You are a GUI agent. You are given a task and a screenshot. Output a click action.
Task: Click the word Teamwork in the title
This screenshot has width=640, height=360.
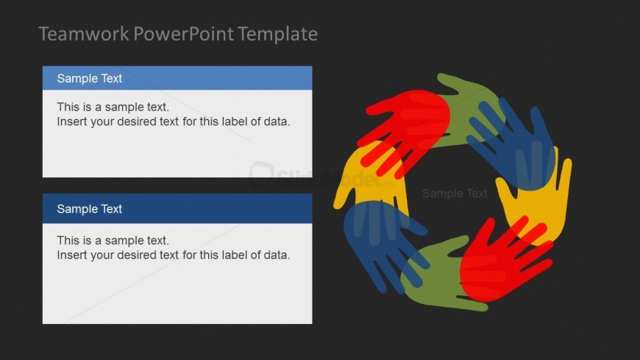(x=84, y=34)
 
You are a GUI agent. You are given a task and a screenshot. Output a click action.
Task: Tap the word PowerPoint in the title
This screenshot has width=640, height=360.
(x=184, y=34)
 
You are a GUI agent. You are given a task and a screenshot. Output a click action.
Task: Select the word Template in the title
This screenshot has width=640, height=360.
(x=277, y=34)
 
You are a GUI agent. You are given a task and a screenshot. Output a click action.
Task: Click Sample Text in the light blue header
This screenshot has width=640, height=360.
(x=90, y=79)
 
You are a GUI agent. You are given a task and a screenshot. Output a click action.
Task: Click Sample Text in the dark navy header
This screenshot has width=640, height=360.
(x=90, y=209)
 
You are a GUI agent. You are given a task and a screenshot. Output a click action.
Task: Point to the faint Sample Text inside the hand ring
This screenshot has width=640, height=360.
(x=455, y=194)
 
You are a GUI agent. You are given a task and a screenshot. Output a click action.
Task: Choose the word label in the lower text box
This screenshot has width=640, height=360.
(x=234, y=255)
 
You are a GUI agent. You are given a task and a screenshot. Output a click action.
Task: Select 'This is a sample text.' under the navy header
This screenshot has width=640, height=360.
(x=113, y=240)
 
